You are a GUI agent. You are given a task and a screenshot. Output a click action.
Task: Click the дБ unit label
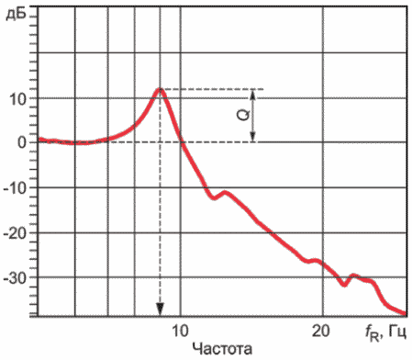(16, 14)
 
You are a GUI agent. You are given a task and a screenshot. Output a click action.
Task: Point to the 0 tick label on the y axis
(21, 142)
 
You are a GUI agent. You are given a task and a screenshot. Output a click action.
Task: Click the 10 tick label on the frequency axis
(180, 331)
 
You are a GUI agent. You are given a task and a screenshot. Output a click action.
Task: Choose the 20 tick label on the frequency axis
(321, 331)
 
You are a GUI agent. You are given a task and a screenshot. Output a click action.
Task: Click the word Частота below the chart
(222, 349)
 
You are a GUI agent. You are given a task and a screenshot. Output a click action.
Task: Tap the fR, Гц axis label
(386, 332)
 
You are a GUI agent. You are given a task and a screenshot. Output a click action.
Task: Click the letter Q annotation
(244, 115)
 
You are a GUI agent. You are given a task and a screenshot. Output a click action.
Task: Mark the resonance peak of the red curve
(160, 89)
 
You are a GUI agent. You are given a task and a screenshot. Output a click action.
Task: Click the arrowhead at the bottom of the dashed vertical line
(160, 309)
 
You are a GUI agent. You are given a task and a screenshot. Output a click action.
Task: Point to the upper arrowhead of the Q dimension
(252, 96)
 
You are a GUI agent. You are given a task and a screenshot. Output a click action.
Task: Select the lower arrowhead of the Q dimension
(252, 137)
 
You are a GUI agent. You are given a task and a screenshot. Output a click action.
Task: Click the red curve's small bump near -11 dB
(226, 192)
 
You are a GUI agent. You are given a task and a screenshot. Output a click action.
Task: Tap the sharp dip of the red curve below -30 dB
(345, 286)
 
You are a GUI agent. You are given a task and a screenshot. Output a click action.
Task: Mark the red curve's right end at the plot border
(406, 313)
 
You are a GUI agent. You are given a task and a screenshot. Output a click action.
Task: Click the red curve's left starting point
(39, 139)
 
